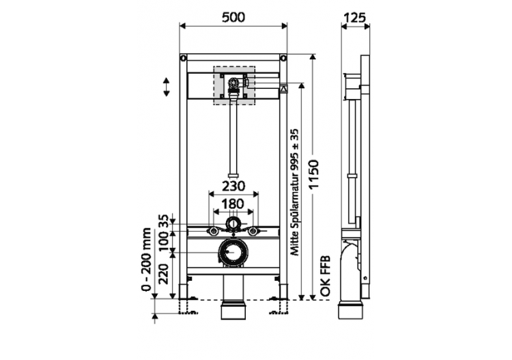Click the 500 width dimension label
(233, 16)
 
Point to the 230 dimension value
(233, 186)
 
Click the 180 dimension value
(233, 203)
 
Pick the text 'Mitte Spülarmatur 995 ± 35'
(296, 193)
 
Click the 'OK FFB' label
(326, 276)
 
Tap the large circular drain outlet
(233, 253)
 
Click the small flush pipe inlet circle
(233, 225)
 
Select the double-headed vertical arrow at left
(165, 87)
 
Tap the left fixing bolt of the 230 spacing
(214, 230)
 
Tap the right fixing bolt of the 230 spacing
(253, 230)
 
